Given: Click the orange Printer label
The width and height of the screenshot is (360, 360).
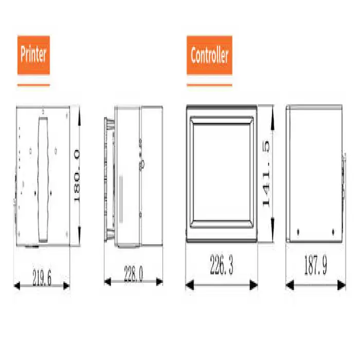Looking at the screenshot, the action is [33, 55].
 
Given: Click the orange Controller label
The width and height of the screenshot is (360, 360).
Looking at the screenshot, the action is [209, 55].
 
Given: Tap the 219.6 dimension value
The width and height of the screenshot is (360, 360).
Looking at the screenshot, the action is [42, 278].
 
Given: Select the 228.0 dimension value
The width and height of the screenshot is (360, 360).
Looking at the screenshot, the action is [133, 274].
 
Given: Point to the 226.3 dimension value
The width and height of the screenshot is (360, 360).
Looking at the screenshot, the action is [222, 265].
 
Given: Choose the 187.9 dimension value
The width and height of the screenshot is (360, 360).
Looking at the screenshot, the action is [315, 265].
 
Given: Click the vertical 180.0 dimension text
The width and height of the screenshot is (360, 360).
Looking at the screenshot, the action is [77, 176].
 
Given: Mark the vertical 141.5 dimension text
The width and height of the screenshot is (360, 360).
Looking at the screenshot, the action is [266, 174].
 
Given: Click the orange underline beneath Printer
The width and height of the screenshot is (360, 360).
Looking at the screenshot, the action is [33, 85].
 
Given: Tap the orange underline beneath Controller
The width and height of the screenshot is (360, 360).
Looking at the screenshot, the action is [209, 85].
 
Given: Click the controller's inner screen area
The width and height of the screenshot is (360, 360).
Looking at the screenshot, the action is [221, 172].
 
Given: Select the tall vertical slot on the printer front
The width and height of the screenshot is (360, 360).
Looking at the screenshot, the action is [43, 180].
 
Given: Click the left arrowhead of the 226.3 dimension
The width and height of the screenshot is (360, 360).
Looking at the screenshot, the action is [190, 285].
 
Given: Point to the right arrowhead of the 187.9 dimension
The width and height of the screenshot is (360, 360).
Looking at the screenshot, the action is [341, 285].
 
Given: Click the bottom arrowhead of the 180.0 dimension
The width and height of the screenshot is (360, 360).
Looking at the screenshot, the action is [79, 236].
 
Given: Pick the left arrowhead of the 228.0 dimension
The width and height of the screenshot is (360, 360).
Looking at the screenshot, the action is [107, 281].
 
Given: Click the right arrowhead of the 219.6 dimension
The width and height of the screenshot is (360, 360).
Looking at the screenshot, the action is [66, 286].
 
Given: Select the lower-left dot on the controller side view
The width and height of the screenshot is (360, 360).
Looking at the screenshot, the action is [298, 231].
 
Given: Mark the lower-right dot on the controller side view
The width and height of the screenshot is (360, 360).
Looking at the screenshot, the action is [333, 231].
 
